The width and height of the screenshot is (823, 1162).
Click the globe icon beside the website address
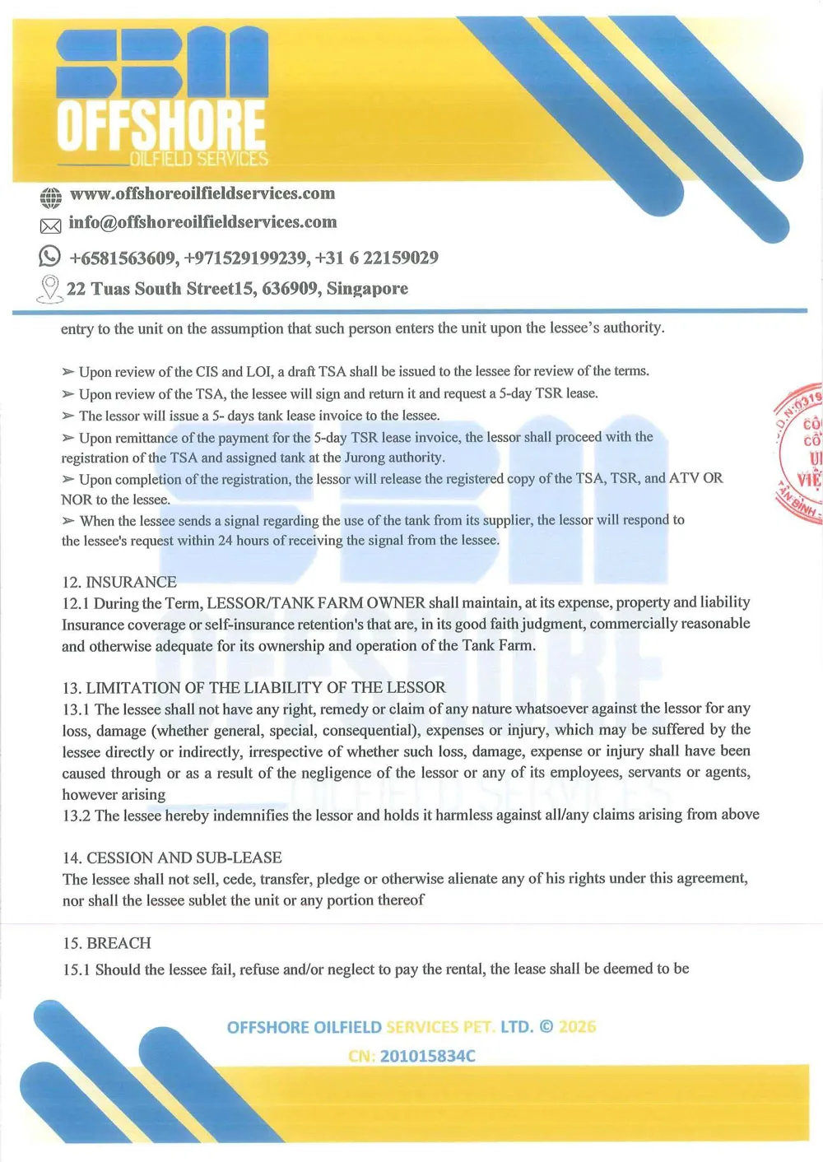pos(50,198)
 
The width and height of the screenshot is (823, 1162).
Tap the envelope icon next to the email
pos(50,225)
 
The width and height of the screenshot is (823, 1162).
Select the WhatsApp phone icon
pos(49,256)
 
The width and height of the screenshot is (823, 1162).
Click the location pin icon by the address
pos(50,288)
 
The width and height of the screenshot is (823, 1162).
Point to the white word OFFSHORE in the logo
pos(161,125)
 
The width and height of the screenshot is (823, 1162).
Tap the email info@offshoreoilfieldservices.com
pos(202,222)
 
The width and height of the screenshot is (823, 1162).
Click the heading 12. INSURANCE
pos(119,582)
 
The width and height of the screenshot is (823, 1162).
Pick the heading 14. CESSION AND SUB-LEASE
pos(172,858)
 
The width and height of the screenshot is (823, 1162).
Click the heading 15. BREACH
pos(107,943)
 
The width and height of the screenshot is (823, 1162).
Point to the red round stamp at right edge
pos(801,453)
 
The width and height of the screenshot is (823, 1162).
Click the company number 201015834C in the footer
pos(427,1056)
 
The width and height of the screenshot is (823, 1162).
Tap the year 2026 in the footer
pos(577,1027)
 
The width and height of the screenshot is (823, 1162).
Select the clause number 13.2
pos(76,816)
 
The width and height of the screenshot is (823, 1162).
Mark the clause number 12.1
pos(76,603)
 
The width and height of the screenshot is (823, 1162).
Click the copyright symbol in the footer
pos(546,1027)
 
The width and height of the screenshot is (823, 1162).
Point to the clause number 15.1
pos(76,969)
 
